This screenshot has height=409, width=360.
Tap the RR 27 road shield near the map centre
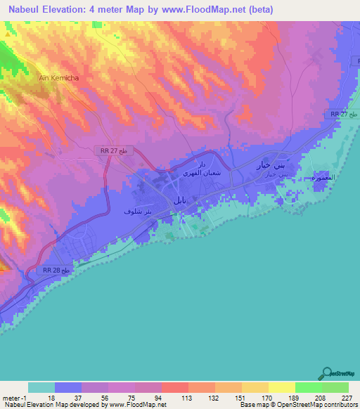point(113,150)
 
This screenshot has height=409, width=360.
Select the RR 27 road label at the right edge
point(345,114)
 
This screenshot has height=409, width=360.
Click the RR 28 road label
point(57,271)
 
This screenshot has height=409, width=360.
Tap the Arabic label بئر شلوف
point(138,211)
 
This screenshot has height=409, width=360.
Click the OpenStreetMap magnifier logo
point(326,374)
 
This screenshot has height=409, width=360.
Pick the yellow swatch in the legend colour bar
point(281,387)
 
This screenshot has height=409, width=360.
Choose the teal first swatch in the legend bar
point(41,387)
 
